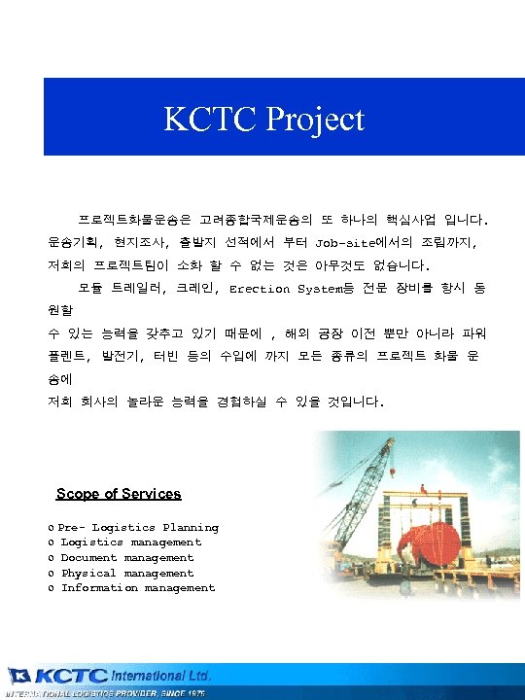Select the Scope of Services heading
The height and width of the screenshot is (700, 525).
coord(119,494)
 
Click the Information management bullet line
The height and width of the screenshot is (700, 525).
coord(138,588)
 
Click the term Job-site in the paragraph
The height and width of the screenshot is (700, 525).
coord(343,239)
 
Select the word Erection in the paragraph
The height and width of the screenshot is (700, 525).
coord(260,289)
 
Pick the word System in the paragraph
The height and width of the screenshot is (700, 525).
coord(320,289)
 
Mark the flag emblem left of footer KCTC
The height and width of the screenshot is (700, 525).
coord(19,676)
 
